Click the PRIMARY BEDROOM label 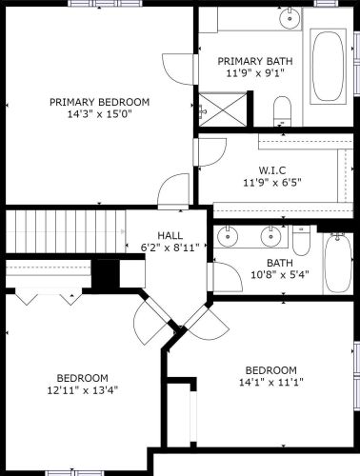click(x=100, y=103)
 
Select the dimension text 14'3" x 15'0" click(x=100, y=116)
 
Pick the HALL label click(x=170, y=235)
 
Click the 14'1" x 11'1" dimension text click(x=271, y=384)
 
